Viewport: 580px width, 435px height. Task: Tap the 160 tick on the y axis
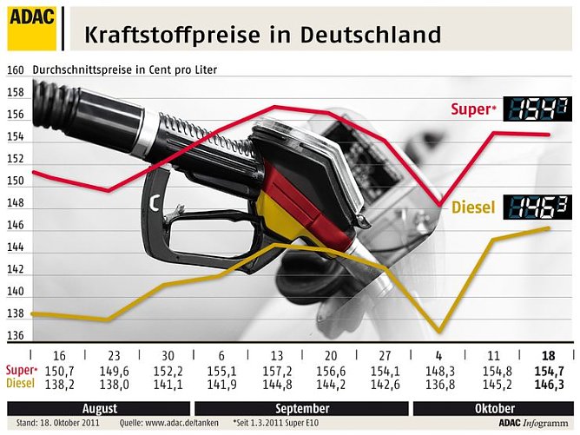click(15, 70)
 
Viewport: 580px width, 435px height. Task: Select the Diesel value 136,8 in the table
click(438, 384)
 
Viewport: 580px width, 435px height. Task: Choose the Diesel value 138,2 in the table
click(59, 384)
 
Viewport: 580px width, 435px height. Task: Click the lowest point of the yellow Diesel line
click(438, 332)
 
